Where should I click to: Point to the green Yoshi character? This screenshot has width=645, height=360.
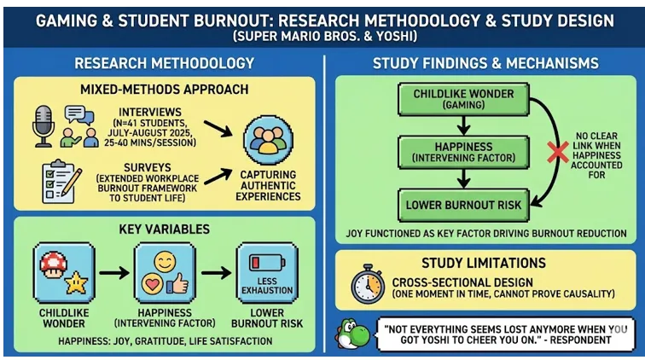[x=352, y=334]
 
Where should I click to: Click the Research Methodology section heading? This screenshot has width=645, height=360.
[x=164, y=63]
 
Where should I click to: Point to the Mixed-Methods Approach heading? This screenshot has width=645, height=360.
[x=165, y=89]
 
